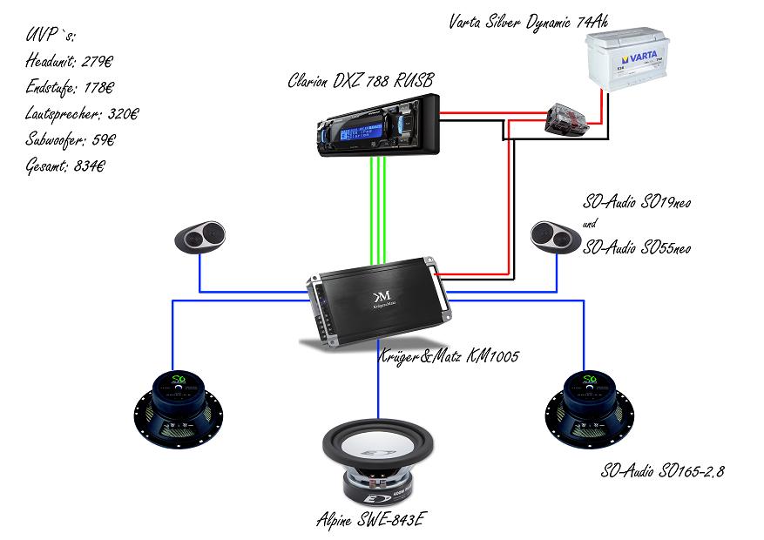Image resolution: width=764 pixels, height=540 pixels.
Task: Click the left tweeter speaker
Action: click(199, 237)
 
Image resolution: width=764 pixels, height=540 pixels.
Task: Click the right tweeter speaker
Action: click(555, 236)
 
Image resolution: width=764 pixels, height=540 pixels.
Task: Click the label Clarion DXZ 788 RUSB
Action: click(361, 82)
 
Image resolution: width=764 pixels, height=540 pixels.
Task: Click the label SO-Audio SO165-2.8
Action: click(663, 471)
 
